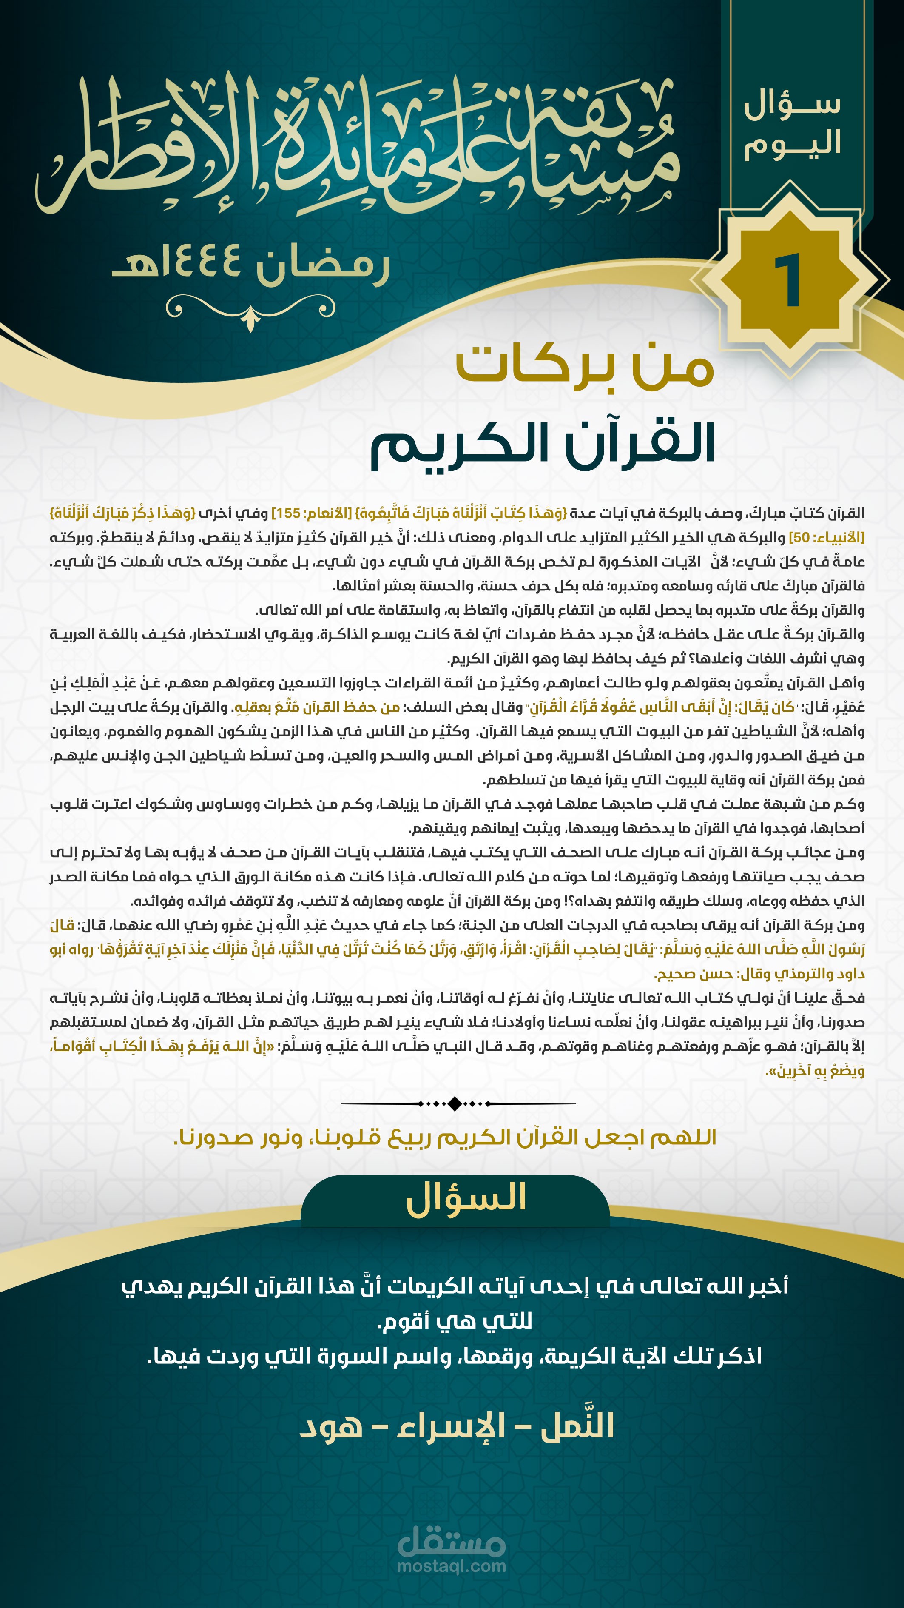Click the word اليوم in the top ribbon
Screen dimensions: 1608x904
pyautogui.click(x=792, y=144)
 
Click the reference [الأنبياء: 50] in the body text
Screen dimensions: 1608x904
pyautogui.click(x=826, y=537)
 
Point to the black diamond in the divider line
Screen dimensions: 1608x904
pyautogui.click(x=455, y=1103)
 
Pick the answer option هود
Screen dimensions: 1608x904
pyautogui.click(x=331, y=1427)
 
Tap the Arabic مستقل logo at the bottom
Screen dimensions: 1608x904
pyautogui.click(x=451, y=1541)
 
